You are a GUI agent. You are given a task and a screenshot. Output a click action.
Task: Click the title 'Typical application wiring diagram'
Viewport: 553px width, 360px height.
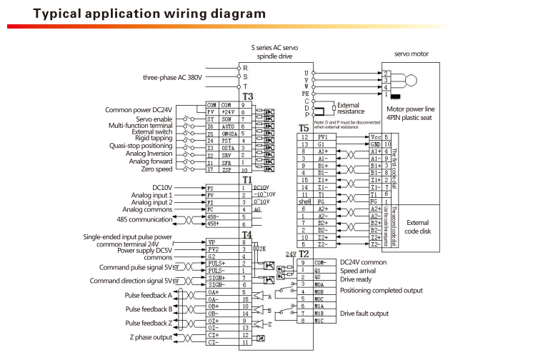[139, 14]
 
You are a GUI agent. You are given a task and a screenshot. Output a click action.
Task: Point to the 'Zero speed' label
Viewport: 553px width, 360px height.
[157, 169]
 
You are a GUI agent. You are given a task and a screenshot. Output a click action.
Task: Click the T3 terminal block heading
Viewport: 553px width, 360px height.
[247, 96]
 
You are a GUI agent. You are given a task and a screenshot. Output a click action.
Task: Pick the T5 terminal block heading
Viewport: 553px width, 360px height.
[303, 129]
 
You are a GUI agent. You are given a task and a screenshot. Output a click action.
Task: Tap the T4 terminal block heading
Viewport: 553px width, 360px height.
[247, 234]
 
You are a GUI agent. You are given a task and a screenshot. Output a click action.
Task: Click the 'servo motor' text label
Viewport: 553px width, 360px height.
[412, 54]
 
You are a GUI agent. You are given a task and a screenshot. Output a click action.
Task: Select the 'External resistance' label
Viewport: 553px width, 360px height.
[350, 108]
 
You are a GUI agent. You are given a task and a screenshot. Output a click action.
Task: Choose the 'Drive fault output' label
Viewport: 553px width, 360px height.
[364, 314]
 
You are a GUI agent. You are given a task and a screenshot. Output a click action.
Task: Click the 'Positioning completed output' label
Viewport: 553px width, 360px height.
[381, 291]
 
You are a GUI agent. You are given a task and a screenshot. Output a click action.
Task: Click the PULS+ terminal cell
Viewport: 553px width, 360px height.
[218, 264]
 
